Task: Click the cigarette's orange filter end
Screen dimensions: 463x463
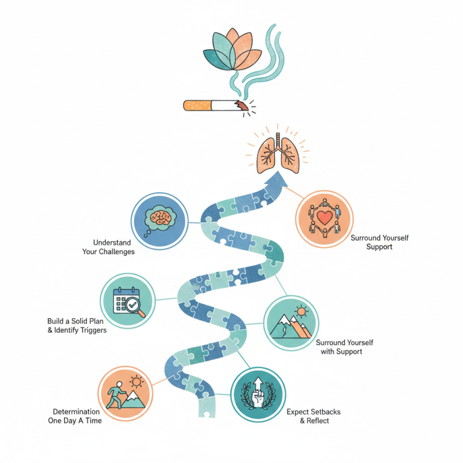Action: pyautogui.click(x=196, y=105)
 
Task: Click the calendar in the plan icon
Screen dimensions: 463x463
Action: pyautogui.click(x=124, y=298)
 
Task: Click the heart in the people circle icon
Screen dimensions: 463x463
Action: pyautogui.click(x=324, y=218)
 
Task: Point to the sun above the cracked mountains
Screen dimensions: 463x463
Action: pyautogui.click(x=301, y=312)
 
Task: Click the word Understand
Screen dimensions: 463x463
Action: pyautogui.click(x=112, y=242)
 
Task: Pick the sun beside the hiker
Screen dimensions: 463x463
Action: pyautogui.click(x=137, y=381)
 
